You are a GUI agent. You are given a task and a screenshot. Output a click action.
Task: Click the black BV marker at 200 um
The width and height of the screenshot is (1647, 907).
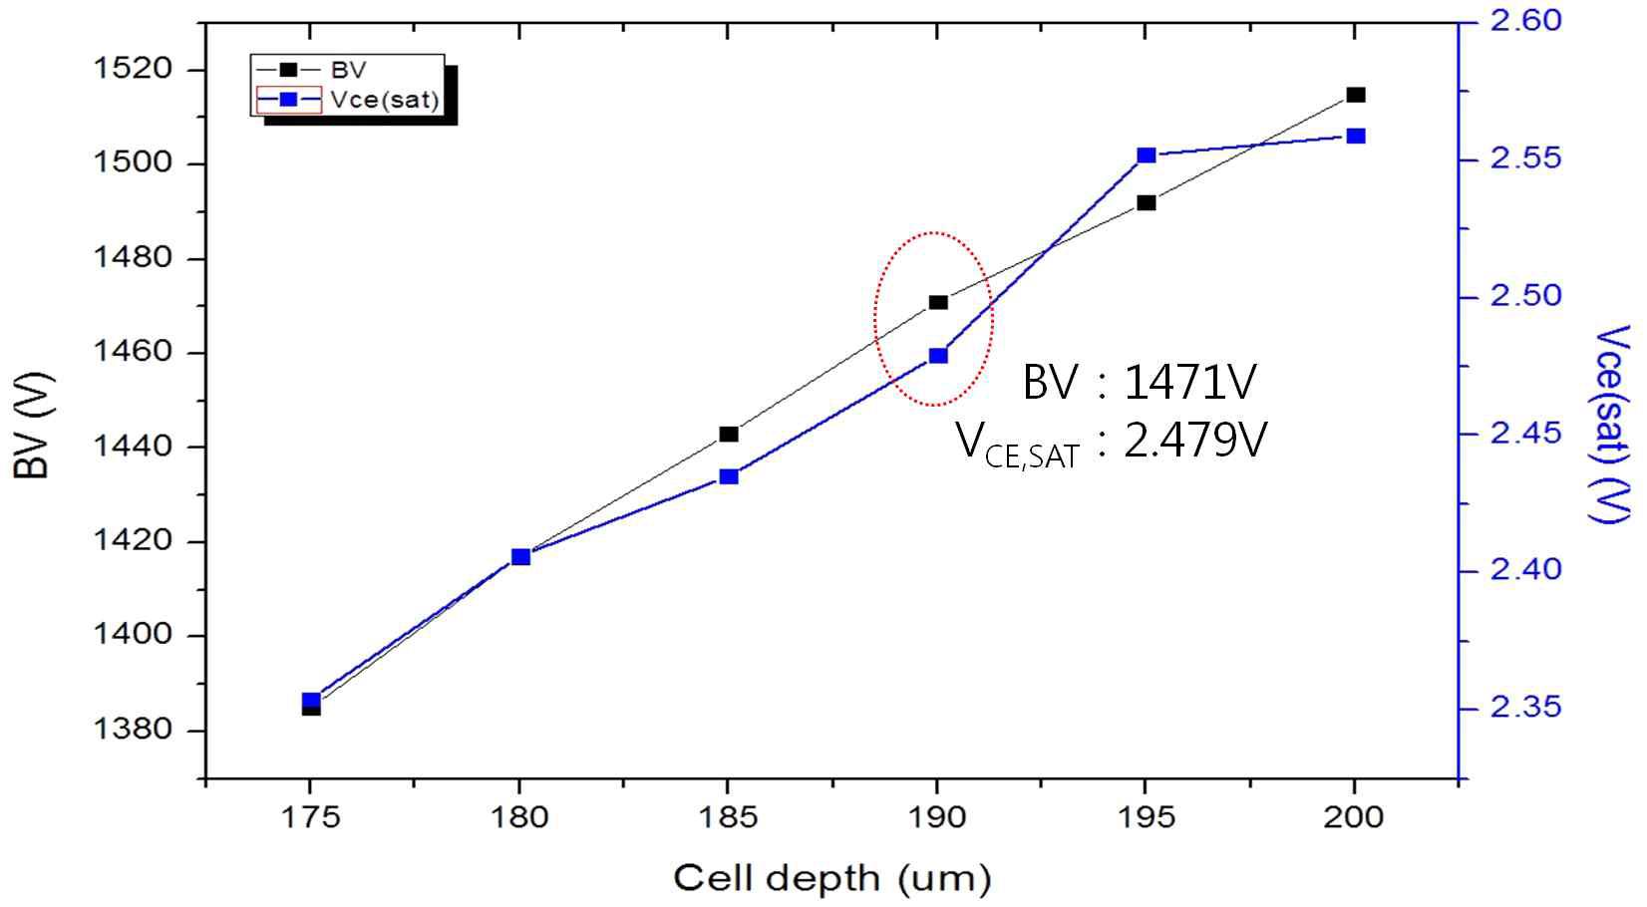[x=1355, y=95]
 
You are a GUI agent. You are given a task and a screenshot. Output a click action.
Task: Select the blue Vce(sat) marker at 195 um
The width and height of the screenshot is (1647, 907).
[x=1147, y=155]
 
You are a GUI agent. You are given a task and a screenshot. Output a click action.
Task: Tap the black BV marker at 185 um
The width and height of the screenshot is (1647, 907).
[x=729, y=434]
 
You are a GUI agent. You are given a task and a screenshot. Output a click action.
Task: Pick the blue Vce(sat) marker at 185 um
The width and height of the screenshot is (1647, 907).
[x=729, y=476]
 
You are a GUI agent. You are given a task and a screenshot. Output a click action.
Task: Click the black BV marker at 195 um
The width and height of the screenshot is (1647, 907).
[x=1147, y=202]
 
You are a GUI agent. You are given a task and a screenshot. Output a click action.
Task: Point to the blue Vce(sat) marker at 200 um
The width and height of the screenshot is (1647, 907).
[x=1355, y=136]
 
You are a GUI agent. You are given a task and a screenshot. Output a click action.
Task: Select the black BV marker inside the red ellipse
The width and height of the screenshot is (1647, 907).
[x=938, y=302]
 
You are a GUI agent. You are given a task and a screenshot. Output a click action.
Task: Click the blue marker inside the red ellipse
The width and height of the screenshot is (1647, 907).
[x=938, y=356]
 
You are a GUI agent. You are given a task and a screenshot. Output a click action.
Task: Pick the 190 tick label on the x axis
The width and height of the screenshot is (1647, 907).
[x=937, y=818]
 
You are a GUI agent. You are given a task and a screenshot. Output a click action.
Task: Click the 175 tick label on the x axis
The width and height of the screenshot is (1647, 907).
[x=310, y=818]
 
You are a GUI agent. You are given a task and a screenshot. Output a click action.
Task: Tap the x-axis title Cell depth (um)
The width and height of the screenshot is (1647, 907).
[x=832, y=879]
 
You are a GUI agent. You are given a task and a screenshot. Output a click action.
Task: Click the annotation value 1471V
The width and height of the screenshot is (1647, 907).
[x=1190, y=383]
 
